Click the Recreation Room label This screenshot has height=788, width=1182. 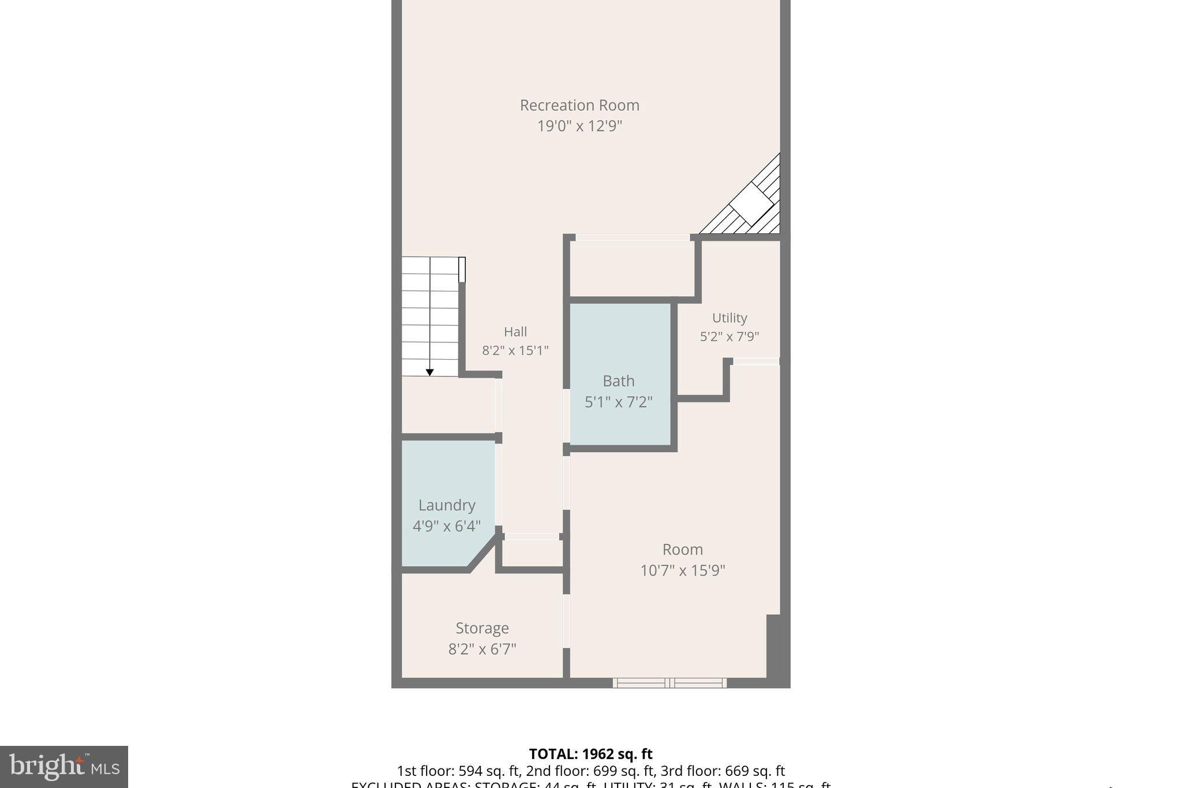point(579,105)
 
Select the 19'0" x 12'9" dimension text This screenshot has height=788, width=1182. point(579,126)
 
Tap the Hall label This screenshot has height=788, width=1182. point(515,331)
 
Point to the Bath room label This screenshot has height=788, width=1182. point(618,381)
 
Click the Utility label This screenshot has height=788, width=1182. point(729,318)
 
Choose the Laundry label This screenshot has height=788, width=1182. point(447,505)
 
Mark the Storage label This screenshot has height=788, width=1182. point(482,628)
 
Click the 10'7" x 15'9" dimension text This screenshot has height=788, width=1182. point(682,570)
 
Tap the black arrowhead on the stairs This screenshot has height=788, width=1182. point(429,372)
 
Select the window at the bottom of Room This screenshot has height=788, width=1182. point(669,683)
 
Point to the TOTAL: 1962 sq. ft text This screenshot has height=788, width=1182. point(590,754)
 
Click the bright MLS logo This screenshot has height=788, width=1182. point(64,767)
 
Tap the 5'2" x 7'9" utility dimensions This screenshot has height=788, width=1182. point(729,337)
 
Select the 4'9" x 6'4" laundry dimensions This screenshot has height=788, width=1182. point(447,526)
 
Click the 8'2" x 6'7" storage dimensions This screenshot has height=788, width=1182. point(482,649)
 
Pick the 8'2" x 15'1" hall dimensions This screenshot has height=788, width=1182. point(515,350)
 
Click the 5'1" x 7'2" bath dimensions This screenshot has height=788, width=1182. point(618,402)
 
